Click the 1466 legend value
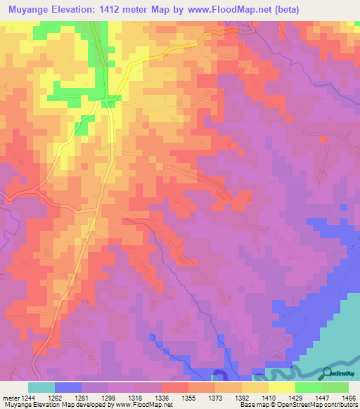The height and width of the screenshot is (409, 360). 347,398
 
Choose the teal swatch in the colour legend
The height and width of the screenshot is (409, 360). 41,387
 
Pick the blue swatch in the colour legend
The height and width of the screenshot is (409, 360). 67,387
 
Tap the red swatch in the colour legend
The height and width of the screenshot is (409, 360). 174,387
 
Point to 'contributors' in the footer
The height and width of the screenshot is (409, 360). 342,405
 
